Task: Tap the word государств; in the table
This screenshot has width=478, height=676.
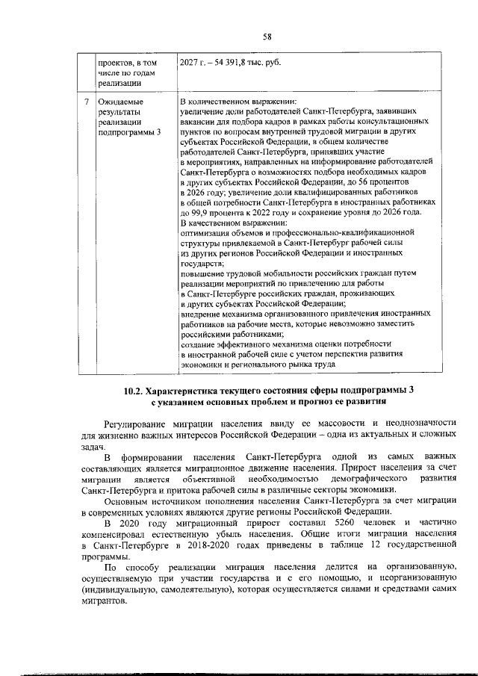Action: point(202,264)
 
